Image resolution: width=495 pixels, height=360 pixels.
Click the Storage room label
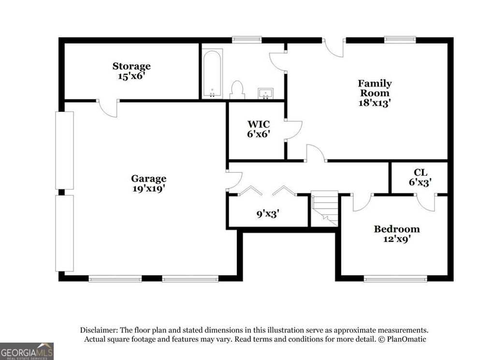[131, 66]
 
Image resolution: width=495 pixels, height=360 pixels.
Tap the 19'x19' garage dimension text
[149, 189]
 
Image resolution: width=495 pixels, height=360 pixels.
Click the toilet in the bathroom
[237, 90]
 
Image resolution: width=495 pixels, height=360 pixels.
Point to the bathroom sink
[265, 93]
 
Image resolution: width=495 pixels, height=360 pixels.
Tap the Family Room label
[374, 88]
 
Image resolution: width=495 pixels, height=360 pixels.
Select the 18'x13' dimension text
[374, 103]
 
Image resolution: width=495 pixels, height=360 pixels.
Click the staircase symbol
[324, 208]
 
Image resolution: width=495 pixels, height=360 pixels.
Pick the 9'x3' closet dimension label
[267, 212]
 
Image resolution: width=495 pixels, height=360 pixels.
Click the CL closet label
[420, 172]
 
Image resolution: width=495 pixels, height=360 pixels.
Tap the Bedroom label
[396, 229]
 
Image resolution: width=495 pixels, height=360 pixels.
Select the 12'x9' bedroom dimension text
[396, 239]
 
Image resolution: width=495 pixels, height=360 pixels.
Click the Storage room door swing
[109, 108]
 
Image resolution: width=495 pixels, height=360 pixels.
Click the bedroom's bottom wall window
[395, 279]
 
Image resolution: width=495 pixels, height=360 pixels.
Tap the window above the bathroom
[243, 40]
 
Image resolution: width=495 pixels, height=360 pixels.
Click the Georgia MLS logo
[27, 351]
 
